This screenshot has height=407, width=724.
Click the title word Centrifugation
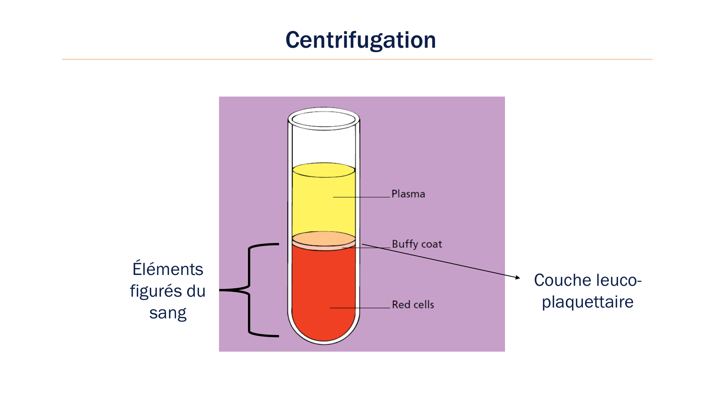[x=361, y=40]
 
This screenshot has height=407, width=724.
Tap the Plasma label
[x=408, y=194]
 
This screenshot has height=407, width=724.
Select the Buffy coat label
[x=417, y=244]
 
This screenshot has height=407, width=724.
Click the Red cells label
[x=413, y=305]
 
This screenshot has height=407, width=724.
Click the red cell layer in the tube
[x=323, y=289]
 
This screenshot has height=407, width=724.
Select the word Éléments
[x=168, y=269]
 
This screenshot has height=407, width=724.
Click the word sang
[x=168, y=313]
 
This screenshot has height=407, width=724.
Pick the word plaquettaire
[x=588, y=302]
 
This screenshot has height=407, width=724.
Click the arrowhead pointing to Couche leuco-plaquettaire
[x=518, y=277]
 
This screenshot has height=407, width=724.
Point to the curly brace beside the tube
[x=249, y=290]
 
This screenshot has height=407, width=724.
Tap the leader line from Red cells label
[x=360, y=308]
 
